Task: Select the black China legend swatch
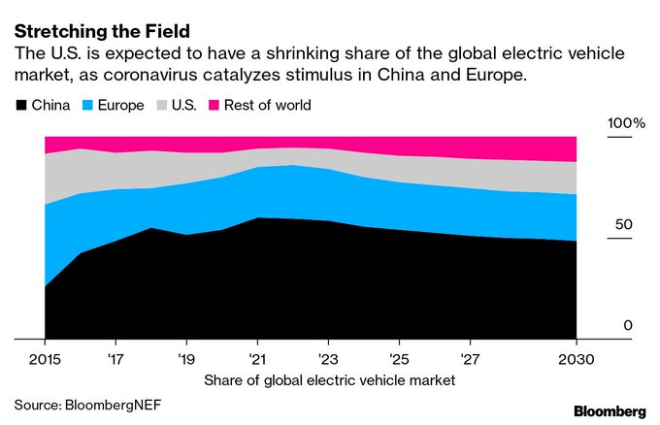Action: [x=21, y=104]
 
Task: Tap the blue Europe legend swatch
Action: [x=87, y=104]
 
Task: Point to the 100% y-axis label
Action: [x=626, y=124]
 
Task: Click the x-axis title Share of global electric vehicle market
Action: [x=329, y=379]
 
